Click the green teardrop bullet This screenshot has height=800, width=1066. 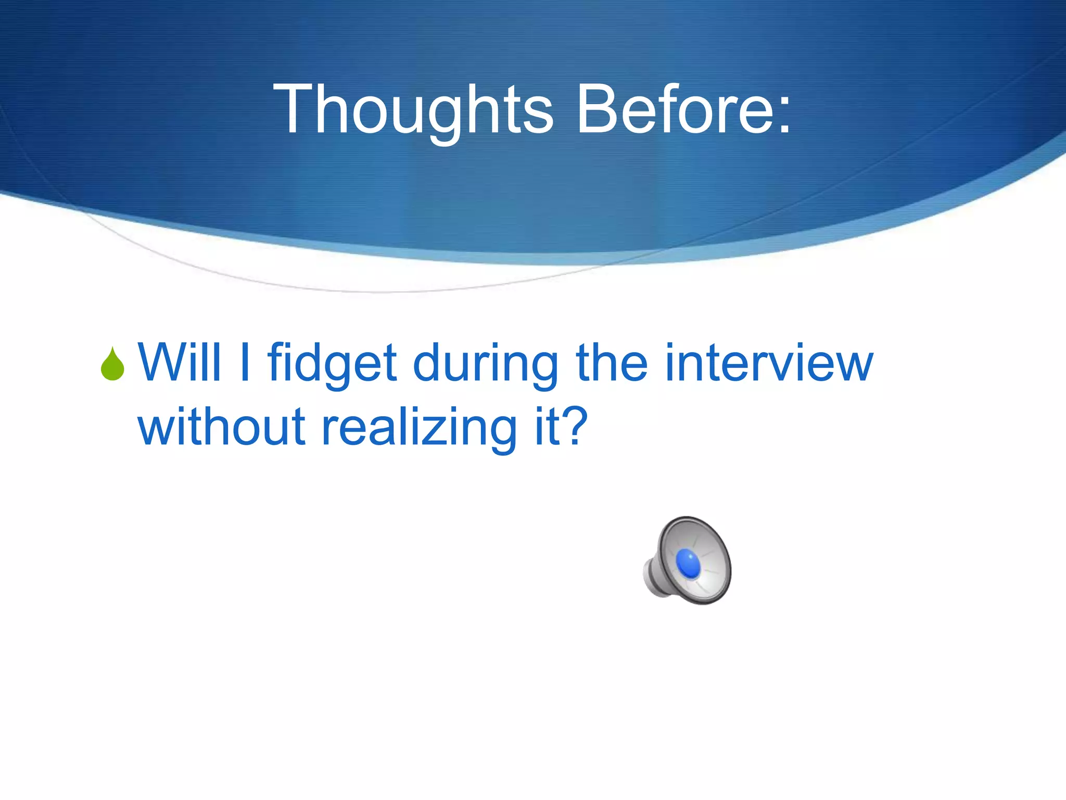click(x=112, y=364)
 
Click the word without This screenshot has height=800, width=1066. click(x=221, y=427)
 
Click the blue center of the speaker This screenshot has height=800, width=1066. click(x=688, y=564)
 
